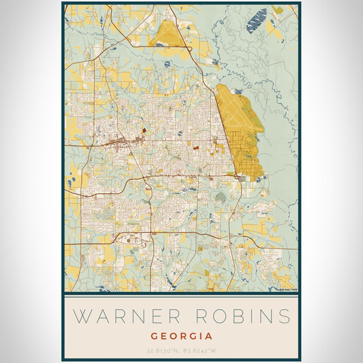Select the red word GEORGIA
click(x=181, y=336)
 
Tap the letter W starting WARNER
click(x=82, y=316)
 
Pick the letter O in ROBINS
click(x=218, y=316)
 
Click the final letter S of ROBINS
click(x=284, y=316)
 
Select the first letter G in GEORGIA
click(x=155, y=336)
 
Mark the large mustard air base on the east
click(x=242, y=130)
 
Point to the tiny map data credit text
click(x=288, y=289)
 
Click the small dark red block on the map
click(x=143, y=129)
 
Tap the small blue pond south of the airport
click(x=167, y=62)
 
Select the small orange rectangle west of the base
click(x=196, y=145)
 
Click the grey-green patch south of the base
click(x=221, y=197)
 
